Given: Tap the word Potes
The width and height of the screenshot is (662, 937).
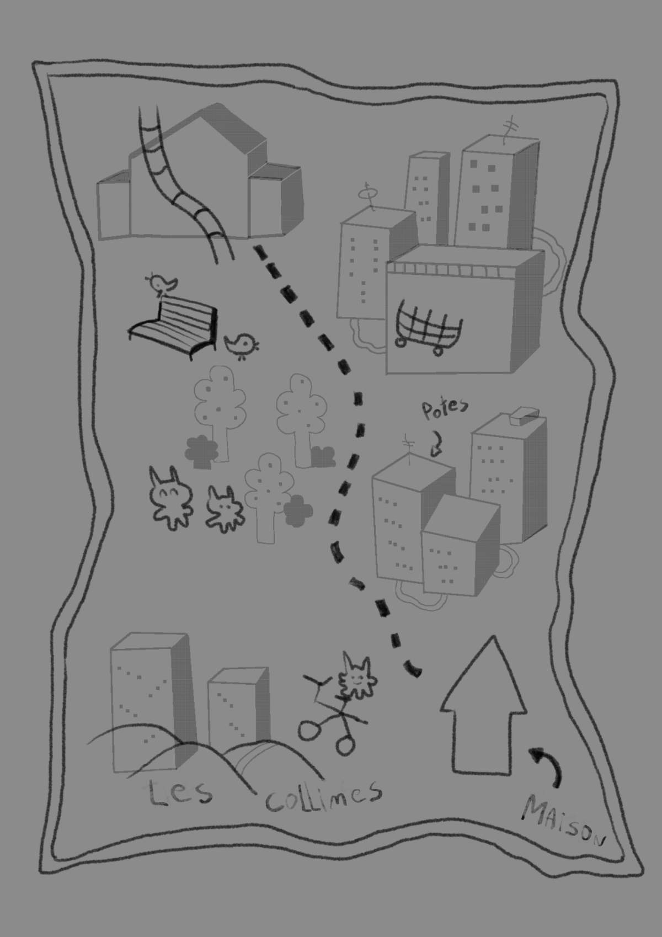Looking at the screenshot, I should pos(445,409).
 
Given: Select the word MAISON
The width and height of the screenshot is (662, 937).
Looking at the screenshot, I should pos(563,822).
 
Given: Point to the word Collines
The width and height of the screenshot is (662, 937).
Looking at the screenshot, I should pos(323,796).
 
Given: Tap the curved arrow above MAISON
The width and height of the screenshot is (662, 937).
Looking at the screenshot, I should pos(547,764).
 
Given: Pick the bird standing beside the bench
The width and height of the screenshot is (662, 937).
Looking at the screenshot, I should pos(242,345).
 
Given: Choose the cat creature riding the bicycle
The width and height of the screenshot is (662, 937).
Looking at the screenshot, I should pos(357,678).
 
